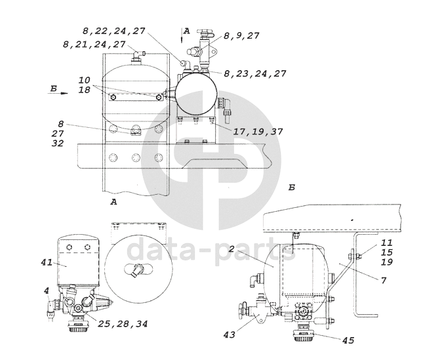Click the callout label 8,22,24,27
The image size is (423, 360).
click(114, 31)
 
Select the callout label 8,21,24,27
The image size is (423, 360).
click(94, 44)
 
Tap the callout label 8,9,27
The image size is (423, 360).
click(241, 35)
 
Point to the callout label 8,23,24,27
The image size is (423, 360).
click(255, 73)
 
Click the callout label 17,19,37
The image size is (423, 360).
click(258, 132)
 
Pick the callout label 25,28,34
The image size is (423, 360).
click(123, 323)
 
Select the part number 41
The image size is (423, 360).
click(47, 262)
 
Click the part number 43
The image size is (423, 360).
click(230, 335)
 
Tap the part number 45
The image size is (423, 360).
click(348, 340)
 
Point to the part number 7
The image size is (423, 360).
click(384, 281)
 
